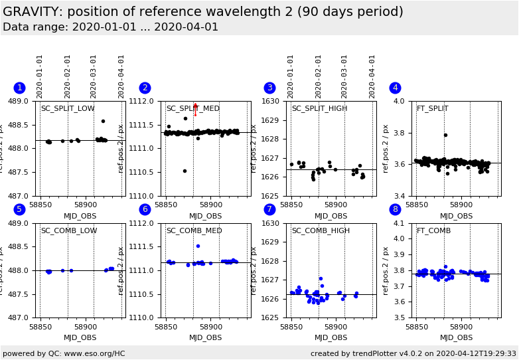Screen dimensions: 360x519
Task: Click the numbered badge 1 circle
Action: [19, 88]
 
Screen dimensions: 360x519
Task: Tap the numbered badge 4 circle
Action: [395, 88]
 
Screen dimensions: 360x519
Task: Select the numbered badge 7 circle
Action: [269, 209]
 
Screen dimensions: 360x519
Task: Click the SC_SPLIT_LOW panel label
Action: [68, 109]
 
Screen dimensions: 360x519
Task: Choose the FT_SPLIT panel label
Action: [432, 109]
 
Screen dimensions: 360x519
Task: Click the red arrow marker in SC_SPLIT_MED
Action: [195, 108]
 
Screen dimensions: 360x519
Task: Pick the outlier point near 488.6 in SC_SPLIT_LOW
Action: [103, 121]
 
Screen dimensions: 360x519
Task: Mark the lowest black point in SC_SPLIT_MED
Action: [185, 171]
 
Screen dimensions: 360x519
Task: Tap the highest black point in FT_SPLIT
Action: [445, 135]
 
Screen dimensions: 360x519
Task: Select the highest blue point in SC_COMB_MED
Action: [198, 246]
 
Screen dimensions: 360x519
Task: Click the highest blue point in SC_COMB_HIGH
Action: [321, 279]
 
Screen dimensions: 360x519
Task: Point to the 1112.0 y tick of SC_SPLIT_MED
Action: [145, 102]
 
